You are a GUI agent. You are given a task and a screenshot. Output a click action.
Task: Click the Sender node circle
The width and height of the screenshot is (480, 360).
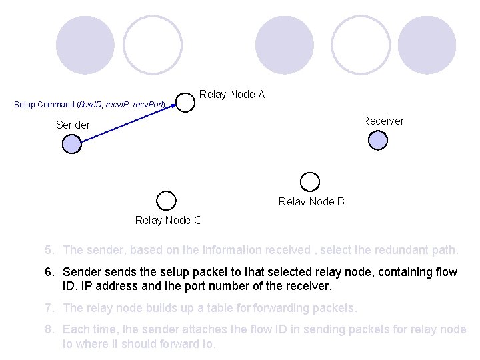pos(72,144)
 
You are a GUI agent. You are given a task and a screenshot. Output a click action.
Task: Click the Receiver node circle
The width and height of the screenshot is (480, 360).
pos(378,140)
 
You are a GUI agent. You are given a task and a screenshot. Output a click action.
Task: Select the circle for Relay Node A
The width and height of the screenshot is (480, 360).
pos(185,102)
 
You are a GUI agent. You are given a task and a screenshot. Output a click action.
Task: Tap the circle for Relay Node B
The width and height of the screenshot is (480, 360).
pos(309,181)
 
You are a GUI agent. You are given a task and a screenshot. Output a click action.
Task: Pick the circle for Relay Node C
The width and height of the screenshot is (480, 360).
pos(166,200)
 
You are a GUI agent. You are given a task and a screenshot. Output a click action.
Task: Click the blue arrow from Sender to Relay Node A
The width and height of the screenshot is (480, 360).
pos(127,123)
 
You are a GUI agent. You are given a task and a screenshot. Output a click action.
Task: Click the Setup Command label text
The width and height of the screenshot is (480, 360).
pos(89,105)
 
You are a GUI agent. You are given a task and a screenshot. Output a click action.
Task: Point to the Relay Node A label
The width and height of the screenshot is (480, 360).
pos(232,95)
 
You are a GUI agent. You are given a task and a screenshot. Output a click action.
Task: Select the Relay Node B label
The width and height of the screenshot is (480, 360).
pos(311,201)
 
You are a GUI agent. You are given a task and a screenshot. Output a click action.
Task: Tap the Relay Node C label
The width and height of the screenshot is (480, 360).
pos(168,220)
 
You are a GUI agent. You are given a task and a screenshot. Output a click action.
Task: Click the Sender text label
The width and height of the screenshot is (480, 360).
pos(73,125)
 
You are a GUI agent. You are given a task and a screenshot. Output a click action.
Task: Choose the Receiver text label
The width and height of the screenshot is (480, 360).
pos(383,121)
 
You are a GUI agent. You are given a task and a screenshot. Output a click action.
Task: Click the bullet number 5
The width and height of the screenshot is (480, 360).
pos(49,250)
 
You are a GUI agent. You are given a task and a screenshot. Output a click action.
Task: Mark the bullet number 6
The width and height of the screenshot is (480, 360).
pos(49,272)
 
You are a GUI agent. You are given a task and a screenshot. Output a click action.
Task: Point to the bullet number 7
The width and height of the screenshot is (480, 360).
pos(49,308)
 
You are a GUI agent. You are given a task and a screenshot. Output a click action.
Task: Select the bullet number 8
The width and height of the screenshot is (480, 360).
pos(49,330)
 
